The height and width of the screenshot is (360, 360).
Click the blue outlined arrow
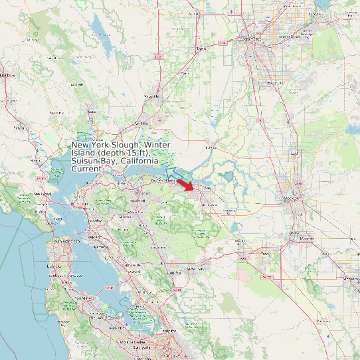point(171,175)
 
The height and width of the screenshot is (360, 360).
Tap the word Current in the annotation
point(87,169)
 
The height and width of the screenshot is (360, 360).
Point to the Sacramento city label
point(252,39)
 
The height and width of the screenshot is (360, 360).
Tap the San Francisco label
point(67,240)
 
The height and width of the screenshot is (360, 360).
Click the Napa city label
point(92,112)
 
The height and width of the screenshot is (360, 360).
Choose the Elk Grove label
point(274,84)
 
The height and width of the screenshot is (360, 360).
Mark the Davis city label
point(201,48)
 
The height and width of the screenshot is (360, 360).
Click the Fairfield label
point(140,124)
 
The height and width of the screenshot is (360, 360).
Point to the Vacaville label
point(152,96)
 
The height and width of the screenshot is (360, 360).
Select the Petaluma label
point(22,127)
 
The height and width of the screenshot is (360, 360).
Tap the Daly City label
point(55,266)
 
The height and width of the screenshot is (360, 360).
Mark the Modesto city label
point(351,279)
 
